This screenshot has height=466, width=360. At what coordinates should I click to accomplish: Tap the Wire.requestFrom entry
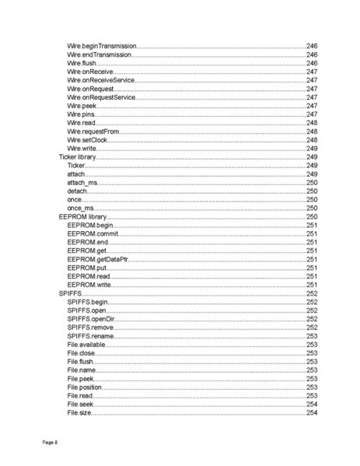point(93,132)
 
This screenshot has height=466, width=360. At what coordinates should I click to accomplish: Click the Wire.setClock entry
point(86,140)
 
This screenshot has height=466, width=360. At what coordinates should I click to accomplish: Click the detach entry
point(77,191)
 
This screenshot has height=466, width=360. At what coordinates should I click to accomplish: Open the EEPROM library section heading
point(82,216)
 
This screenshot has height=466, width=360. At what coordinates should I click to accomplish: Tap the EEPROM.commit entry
point(92,233)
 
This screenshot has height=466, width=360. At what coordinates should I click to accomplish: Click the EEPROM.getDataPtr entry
point(97,259)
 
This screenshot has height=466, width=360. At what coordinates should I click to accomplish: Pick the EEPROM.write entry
point(89,285)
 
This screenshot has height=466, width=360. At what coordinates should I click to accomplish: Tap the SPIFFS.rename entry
point(91,335)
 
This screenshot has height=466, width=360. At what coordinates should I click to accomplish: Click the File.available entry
point(86,344)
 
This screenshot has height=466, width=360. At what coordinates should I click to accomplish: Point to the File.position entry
point(85,387)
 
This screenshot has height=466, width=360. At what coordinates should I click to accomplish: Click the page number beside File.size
point(312,412)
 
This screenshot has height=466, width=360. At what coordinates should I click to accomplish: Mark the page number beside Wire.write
point(312,149)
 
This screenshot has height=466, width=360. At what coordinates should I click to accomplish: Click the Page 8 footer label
point(49,442)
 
